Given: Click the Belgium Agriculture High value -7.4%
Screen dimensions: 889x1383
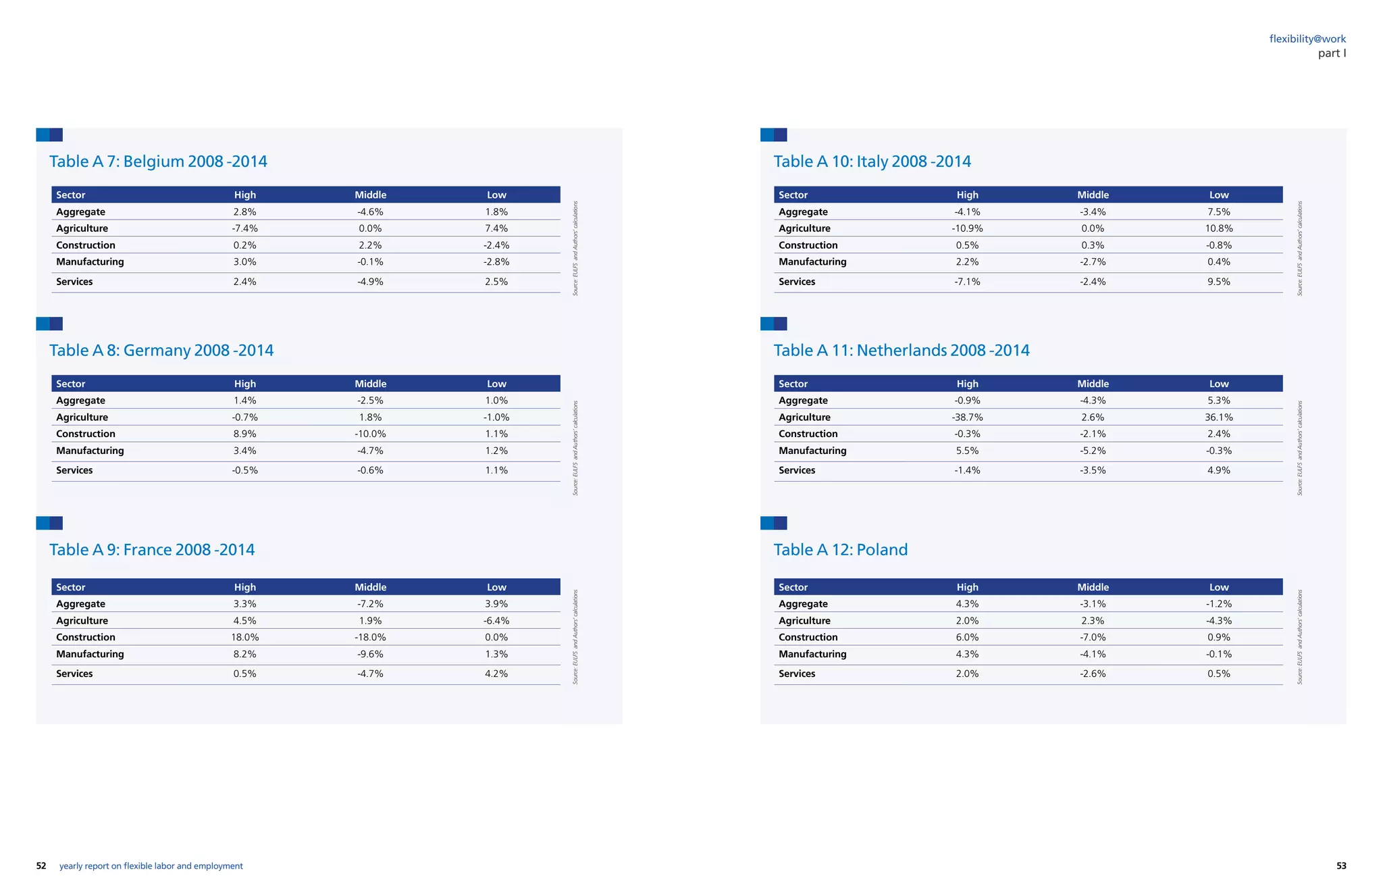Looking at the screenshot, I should [244, 228].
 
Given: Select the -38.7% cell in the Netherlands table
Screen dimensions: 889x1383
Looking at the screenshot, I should [967, 417].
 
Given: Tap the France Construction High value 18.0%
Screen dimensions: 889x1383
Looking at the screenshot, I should [244, 637].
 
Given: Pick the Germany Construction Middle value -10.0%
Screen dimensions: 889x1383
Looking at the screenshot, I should [370, 434].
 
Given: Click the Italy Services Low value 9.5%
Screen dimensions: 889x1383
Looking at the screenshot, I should [1218, 282].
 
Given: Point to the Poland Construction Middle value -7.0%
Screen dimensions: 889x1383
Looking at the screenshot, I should [1093, 637].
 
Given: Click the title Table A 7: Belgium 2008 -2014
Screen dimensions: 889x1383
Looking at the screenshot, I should [158, 161].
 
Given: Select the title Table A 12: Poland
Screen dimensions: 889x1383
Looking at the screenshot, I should [840, 550].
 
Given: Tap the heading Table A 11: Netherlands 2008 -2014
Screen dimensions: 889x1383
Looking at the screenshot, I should [901, 351].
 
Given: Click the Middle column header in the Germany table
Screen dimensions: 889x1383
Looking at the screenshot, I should [370, 384].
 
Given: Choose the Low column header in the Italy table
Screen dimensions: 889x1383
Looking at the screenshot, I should [1218, 195].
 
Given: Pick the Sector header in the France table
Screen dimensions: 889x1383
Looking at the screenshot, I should [71, 587].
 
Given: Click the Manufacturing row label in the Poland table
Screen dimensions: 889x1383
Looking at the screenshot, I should [812, 654].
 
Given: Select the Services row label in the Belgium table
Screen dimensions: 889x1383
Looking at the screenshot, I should [74, 282].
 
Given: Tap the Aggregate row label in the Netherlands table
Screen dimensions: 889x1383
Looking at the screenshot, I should [802, 401].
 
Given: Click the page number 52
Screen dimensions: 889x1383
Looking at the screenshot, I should [41, 866].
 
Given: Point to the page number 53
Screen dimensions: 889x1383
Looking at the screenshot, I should [1341, 866].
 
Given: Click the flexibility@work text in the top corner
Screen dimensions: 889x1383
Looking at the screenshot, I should [1307, 39].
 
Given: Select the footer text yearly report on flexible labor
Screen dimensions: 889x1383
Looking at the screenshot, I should [151, 866].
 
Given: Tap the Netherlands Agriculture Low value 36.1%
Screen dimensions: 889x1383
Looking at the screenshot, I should [1218, 417].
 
